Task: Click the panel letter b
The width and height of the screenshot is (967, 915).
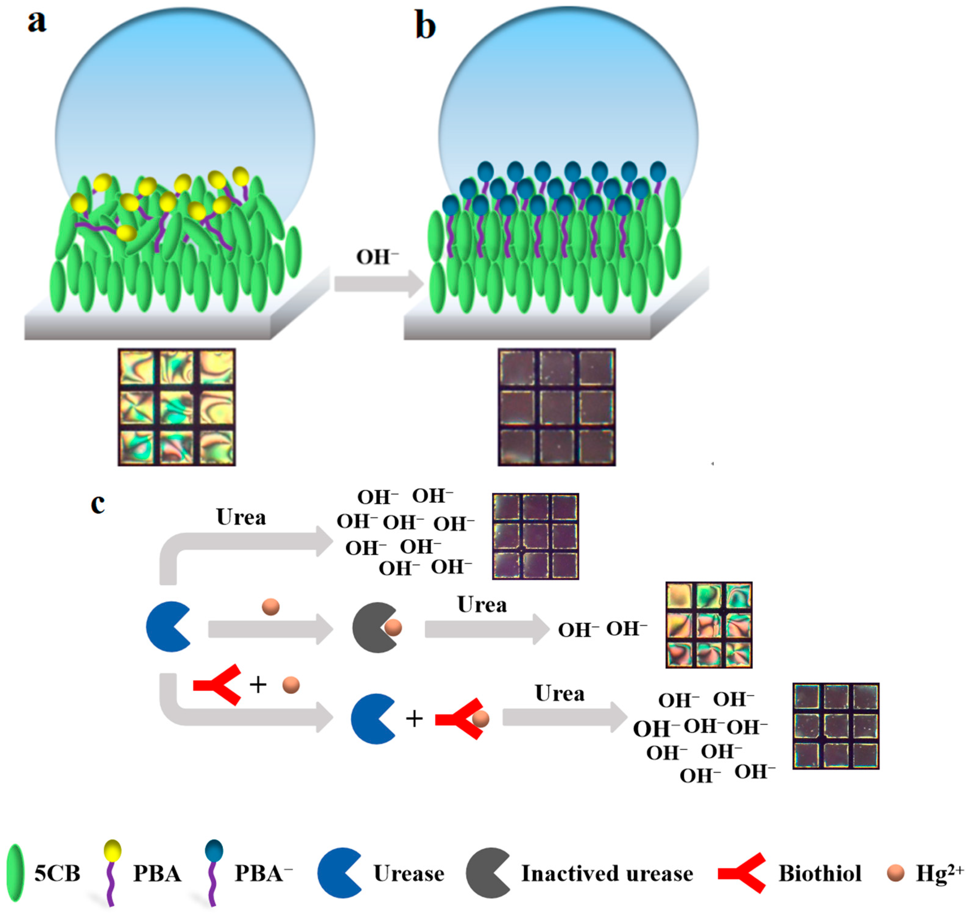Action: point(425,25)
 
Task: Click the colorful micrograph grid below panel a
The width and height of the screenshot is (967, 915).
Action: point(177,407)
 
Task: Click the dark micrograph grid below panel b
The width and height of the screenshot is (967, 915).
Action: point(556,407)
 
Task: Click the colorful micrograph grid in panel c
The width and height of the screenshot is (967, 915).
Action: point(709,625)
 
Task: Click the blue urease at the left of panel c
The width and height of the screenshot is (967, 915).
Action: point(167,627)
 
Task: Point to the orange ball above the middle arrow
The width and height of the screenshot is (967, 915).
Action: point(271,607)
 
